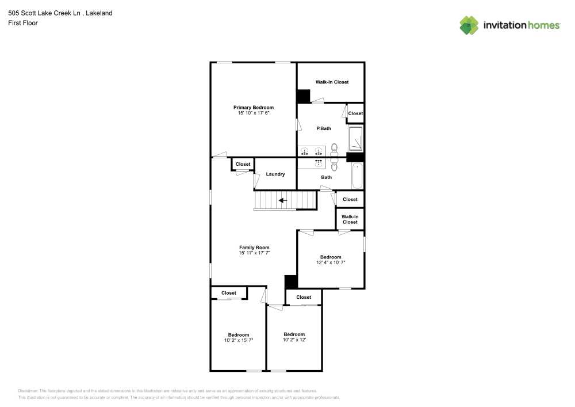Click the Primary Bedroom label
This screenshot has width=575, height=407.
(x=253, y=107)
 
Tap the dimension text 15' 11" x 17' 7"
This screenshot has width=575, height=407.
(x=254, y=253)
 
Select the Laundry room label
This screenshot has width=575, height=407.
(x=275, y=174)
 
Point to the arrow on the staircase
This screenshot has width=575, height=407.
(x=283, y=201)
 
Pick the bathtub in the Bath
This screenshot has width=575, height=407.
(x=357, y=176)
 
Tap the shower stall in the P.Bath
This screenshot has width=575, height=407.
(x=356, y=139)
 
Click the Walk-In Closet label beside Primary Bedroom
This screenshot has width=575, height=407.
(x=332, y=82)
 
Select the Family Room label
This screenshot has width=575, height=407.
(x=254, y=247)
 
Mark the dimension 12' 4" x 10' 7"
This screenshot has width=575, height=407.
(x=331, y=263)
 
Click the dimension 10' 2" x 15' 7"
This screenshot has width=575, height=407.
(x=239, y=341)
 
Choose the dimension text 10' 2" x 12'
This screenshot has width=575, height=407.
(x=294, y=340)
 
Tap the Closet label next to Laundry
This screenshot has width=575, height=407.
(x=243, y=164)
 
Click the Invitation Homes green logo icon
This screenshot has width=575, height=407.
(x=469, y=25)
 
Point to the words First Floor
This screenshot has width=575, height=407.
(x=23, y=23)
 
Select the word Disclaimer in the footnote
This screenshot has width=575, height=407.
(x=28, y=390)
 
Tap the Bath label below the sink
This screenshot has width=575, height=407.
(x=326, y=177)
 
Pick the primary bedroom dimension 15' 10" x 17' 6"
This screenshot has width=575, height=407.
(x=253, y=113)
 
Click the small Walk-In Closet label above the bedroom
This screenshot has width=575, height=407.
(x=350, y=219)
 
